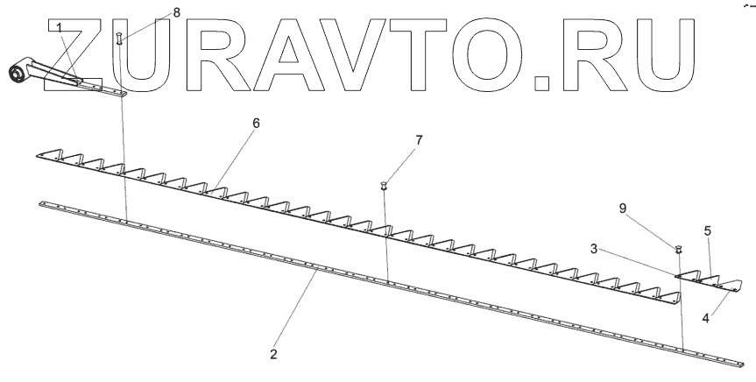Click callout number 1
(x=60, y=28)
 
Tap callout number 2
(x=273, y=355)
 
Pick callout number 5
(x=707, y=231)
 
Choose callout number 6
(x=256, y=124)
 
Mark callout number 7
(x=419, y=140)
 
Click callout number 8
(x=152, y=12)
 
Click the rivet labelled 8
(x=118, y=39)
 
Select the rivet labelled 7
(x=384, y=186)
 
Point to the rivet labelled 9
(x=678, y=250)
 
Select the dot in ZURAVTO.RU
(x=544, y=84)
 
